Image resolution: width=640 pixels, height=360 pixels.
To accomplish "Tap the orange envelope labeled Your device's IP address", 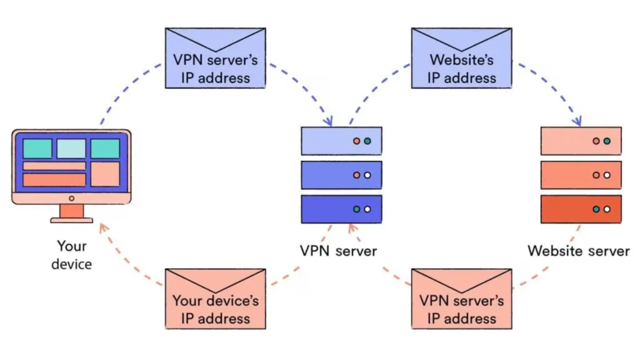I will [x=216, y=299].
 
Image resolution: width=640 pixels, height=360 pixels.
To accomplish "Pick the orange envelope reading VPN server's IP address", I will [x=461, y=299].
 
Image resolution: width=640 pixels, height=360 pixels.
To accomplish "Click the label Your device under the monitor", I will [x=71, y=255].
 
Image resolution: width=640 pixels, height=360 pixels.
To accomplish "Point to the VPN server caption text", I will [x=338, y=251].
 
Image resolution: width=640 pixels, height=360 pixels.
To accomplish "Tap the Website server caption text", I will [x=579, y=251].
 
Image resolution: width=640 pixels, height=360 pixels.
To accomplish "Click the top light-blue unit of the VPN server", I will [x=341, y=141].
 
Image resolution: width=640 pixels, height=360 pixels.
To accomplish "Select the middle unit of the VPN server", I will [x=341, y=175].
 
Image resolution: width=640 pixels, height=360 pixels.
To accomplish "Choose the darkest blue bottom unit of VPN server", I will [x=341, y=209].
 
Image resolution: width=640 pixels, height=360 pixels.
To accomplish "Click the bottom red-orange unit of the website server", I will [x=581, y=209].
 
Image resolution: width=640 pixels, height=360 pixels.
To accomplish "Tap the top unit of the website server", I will [x=581, y=141].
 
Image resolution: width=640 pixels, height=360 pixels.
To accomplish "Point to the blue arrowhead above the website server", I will [x=579, y=121].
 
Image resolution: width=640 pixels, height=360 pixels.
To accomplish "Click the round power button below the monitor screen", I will [x=71, y=198].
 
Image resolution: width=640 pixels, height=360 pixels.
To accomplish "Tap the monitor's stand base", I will [x=71, y=220].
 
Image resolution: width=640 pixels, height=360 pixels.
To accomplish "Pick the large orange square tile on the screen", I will [x=105, y=174].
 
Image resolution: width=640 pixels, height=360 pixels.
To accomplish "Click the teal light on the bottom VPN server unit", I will [x=356, y=209].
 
